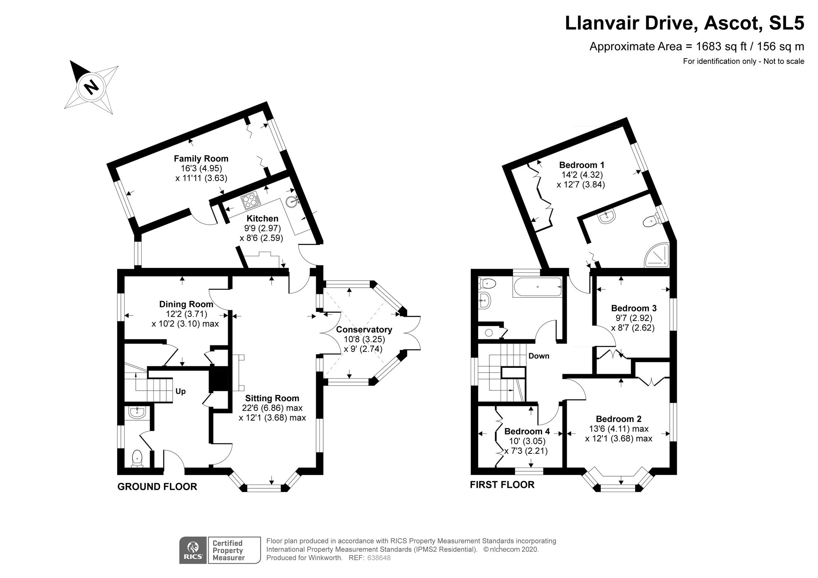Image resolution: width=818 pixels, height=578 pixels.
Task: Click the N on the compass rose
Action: pyautogui.click(x=91, y=87)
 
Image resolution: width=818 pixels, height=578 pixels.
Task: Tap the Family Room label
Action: pyautogui.click(x=201, y=159)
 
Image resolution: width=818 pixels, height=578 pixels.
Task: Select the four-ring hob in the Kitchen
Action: pyautogui.click(x=251, y=201)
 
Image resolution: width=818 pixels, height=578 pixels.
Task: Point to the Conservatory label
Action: pyautogui.click(x=364, y=330)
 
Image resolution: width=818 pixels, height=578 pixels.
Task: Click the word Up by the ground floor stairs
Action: pyautogui.click(x=180, y=391)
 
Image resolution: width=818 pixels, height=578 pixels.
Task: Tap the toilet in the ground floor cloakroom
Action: pyautogui.click(x=137, y=458)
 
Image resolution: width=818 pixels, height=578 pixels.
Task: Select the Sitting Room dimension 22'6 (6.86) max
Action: pyautogui.click(x=272, y=408)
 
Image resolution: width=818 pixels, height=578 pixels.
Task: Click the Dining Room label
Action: pyautogui.click(x=186, y=304)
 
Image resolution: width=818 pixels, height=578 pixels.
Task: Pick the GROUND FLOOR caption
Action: pyautogui.click(x=157, y=487)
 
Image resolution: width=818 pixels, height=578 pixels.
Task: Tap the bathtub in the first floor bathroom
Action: pyautogui.click(x=538, y=287)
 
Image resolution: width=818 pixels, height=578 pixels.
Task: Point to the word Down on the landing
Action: pyautogui.click(x=539, y=356)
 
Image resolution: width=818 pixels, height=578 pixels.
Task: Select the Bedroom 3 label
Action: pyautogui.click(x=634, y=308)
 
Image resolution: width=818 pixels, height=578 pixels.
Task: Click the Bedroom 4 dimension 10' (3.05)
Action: pyautogui.click(x=527, y=441)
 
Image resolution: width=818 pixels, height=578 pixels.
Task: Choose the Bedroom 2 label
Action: pyautogui.click(x=619, y=419)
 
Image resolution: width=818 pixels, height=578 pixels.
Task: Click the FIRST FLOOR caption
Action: pyautogui.click(x=502, y=485)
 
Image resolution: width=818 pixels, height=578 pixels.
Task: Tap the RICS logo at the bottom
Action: pyautogui.click(x=193, y=550)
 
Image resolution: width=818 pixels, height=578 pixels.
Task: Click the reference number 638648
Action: pyautogui.click(x=378, y=558)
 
